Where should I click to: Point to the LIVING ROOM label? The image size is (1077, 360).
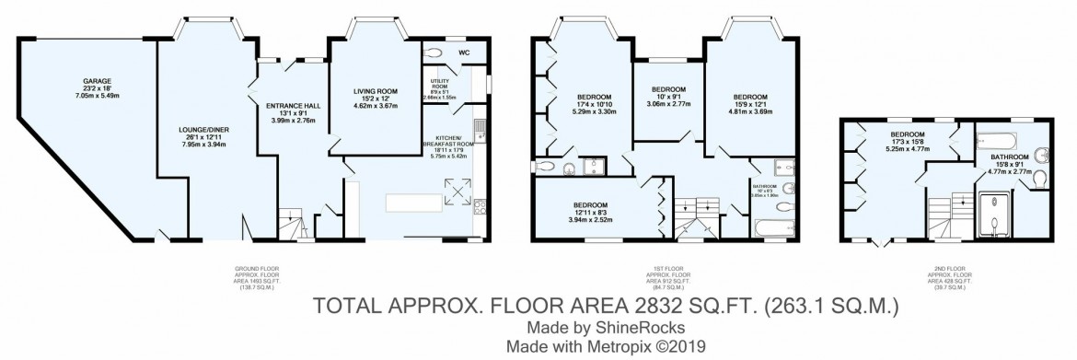coord(375,91)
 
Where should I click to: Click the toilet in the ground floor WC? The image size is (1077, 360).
coord(436,53)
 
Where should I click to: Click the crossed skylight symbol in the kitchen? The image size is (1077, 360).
coord(457,190)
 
